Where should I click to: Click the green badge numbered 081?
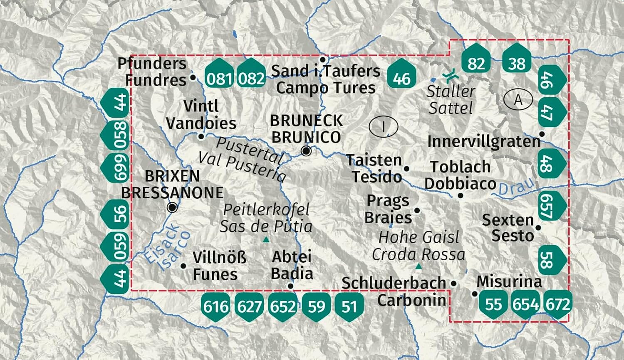219,76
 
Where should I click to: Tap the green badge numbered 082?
251,76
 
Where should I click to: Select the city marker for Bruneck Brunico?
306,151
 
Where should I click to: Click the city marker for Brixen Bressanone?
172,207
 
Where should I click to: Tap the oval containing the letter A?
518,100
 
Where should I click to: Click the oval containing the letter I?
383,126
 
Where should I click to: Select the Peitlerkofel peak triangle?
266,240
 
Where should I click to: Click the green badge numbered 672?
558,305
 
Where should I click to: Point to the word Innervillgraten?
483,142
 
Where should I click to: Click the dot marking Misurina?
475,294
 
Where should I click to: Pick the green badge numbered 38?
517,62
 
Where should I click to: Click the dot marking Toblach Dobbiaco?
461,195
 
